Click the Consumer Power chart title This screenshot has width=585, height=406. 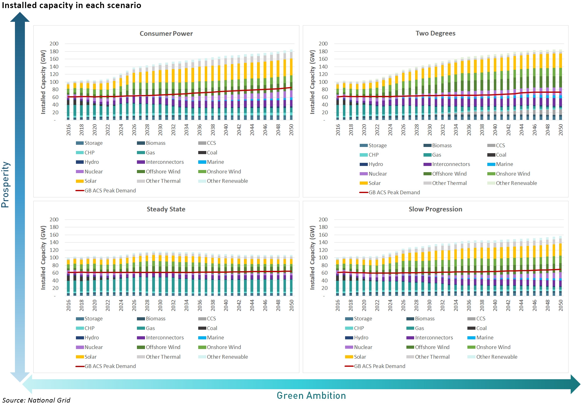[x=166, y=34]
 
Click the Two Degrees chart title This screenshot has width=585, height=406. [x=435, y=33]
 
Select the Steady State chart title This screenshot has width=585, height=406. [x=166, y=209]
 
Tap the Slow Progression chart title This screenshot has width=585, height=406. [x=435, y=209]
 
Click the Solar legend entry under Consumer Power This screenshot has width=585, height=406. [x=90, y=181]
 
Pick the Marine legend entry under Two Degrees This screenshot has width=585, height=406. [x=504, y=164]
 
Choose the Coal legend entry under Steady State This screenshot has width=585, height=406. [x=212, y=328]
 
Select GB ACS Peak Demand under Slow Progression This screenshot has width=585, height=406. [x=379, y=366]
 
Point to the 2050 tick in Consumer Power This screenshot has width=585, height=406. [x=291, y=130]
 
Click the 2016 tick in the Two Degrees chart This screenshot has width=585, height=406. [x=338, y=130]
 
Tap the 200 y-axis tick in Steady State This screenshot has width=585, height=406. [x=54, y=220]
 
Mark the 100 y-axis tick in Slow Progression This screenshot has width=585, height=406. [x=323, y=257]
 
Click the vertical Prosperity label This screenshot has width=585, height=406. [x=6, y=184]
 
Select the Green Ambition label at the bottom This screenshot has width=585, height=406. [x=311, y=395]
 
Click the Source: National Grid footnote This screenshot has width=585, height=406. [x=36, y=400]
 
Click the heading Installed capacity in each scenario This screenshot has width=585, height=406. [x=71, y=5]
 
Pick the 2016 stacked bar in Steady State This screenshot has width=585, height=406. [x=68, y=277]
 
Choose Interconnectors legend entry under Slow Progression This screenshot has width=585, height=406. [x=433, y=338]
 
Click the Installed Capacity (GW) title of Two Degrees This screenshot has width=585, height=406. [x=312, y=82]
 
